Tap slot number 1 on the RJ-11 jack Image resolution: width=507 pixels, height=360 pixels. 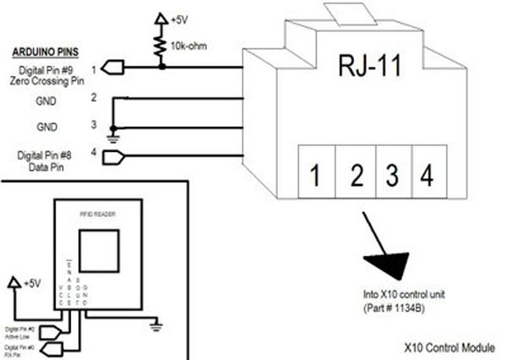click(314, 175)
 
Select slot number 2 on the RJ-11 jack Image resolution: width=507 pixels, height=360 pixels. click(357, 175)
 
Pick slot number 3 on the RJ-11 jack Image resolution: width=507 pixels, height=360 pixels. click(392, 175)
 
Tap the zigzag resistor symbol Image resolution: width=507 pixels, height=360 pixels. click(159, 46)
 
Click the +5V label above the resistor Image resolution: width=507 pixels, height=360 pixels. click(180, 17)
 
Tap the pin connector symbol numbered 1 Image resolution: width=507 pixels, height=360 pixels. click(123, 66)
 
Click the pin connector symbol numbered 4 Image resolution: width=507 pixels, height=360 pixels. click(123, 154)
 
